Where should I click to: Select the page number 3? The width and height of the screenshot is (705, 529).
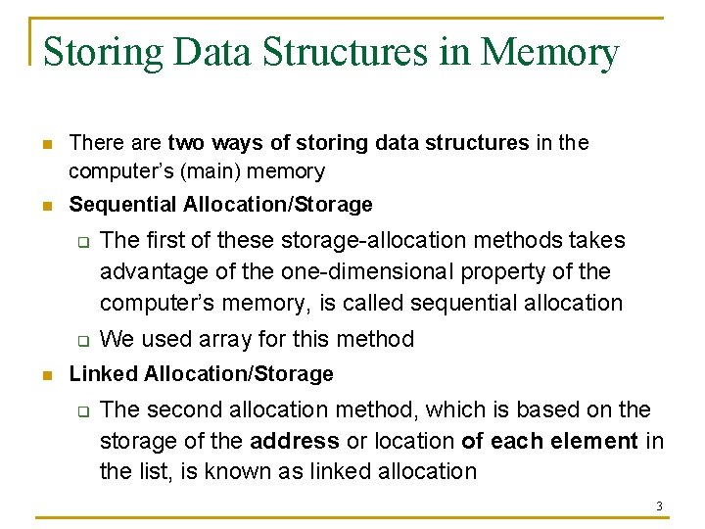point(659,506)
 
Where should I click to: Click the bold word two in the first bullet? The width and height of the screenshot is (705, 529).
point(186,143)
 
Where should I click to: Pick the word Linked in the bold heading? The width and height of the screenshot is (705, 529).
point(104,373)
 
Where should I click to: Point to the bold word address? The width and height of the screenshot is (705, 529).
point(295,441)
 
